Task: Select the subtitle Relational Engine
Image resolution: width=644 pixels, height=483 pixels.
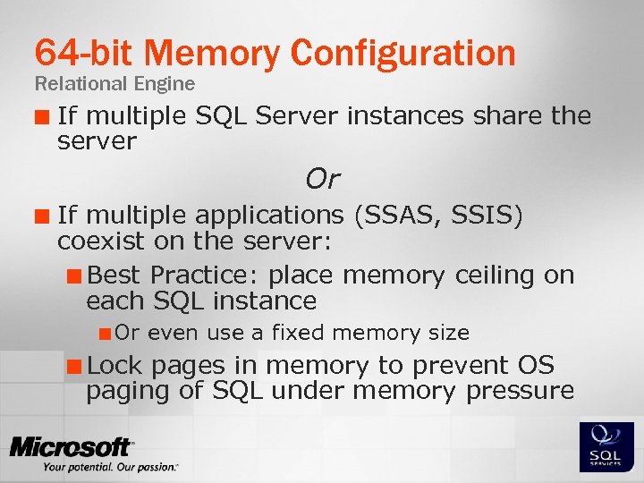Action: [114, 84]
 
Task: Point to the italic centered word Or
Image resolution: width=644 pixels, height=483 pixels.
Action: [322, 179]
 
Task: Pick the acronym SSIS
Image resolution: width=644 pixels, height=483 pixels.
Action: [486, 216]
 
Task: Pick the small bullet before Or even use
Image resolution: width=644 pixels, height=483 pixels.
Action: [106, 334]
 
